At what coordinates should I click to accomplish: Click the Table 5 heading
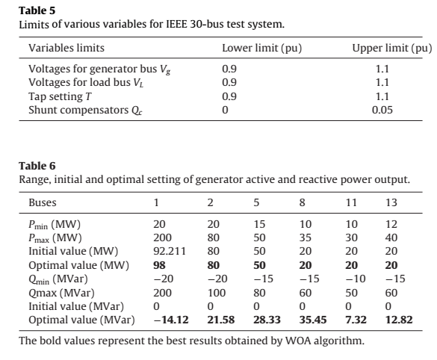pyautogui.click(x=37, y=10)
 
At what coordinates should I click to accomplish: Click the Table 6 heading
pyautogui.click(x=37, y=166)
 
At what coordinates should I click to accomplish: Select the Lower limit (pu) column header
pyautogui.click(x=262, y=49)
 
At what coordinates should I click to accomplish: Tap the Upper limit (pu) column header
pyautogui.click(x=392, y=49)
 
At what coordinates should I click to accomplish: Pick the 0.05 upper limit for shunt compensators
pyautogui.click(x=382, y=110)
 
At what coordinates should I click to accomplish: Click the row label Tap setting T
pyautogui.click(x=60, y=96)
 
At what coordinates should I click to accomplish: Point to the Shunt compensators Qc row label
pyautogui.click(x=85, y=111)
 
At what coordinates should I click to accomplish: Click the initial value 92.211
pyautogui.click(x=170, y=252)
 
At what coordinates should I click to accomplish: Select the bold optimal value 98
pyautogui.click(x=159, y=265)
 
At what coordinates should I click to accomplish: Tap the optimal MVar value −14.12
pyautogui.click(x=171, y=320)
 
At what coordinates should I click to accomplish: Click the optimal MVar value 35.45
pyautogui.click(x=313, y=320)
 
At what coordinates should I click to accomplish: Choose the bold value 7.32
pyautogui.click(x=356, y=320)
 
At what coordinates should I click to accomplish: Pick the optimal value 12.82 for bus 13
pyautogui.click(x=399, y=320)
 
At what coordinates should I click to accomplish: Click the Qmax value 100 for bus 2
pyautogui.click(x=217, y=293)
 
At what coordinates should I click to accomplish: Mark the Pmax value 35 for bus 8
pyautogui.click(x=306, y=238)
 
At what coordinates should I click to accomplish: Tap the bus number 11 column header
pyautogui.click(x=351, y=202)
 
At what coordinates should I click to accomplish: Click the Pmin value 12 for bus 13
pyautogui.click(x=391, y=224)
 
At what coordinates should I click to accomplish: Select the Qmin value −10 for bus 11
pyautogui.click(x=356, y=279)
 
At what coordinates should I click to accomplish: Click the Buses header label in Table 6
pyautogui.click(x=43, y=202)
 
